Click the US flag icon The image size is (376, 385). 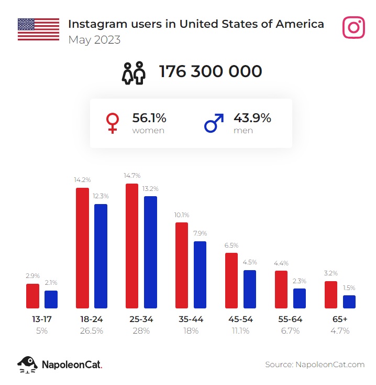(x=38, y=29)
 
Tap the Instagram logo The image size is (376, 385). (x=353, y=27)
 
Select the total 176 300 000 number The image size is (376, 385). (x=211, y=71)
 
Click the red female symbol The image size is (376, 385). (x=112, y=123)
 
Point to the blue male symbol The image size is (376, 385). (x=213, y=123)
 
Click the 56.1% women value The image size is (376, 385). (x=149, y=118)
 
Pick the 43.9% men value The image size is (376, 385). (x=252, y=118)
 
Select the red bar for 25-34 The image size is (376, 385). (x=132, y=245)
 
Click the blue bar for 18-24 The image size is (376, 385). (x=101, y=256)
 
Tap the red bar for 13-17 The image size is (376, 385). (x=33, y=296)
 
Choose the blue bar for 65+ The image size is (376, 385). (x=349, y=302)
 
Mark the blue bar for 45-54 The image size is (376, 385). (x=250, y=289)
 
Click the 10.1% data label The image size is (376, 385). (x=182, y=215)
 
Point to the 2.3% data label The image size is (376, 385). (x=300, y=281)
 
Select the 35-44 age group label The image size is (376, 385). (x=191, y=319)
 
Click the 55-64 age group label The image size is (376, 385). (x=291, y=319)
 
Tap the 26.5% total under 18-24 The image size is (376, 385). (x=91, y=331)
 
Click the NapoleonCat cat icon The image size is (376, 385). (x=27, y=364)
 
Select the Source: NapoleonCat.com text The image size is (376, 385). (x=314, y=365)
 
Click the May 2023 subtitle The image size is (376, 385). (x=94, y=40)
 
